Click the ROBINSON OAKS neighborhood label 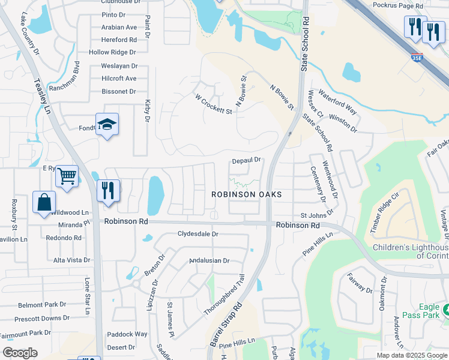246,195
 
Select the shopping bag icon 44,203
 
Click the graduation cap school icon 107,125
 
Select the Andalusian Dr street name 209,260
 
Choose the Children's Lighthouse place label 411,251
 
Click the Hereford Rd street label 119,40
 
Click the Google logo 20,353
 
